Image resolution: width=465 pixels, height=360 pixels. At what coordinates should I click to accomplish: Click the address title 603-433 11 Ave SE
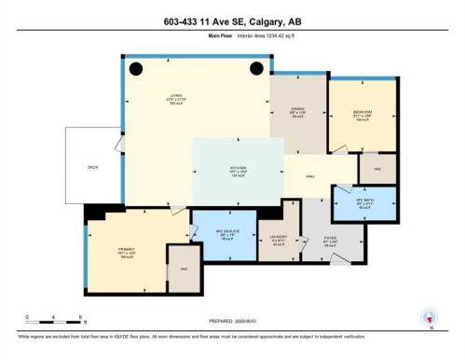coord(232,21)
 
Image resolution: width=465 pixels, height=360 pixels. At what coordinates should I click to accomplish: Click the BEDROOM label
coord(362,113)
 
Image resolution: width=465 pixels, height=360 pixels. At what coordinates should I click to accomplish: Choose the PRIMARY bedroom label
coord(128,250)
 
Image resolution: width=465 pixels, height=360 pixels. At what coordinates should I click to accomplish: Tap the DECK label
coord(92,167)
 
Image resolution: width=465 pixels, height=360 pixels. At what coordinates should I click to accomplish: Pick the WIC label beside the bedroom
coord(377,169)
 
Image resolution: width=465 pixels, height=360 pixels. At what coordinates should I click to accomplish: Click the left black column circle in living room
coord(135,68)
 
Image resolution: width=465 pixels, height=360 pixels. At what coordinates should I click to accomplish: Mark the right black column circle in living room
coord(256,68)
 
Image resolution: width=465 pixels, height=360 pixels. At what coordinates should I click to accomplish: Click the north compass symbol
coord(430,317)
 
